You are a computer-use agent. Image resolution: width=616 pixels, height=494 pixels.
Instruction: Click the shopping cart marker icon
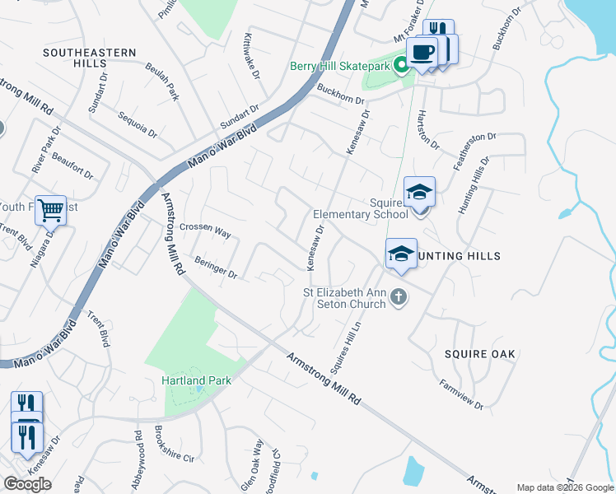[50, 211]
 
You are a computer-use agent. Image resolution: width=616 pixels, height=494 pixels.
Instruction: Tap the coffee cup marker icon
[422, 52]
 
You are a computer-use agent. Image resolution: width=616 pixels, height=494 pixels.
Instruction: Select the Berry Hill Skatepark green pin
[403, 65]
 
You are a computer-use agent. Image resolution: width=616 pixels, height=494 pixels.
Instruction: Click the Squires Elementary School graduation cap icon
[419, 193]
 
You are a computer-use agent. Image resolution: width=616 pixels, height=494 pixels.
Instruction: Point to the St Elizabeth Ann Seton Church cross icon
[399, 296]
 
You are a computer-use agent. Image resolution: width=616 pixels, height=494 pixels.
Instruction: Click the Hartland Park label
[196, 380]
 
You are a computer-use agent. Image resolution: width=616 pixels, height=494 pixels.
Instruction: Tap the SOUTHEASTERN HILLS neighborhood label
[90, 58]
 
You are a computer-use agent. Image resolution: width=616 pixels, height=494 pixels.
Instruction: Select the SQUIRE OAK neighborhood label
[479, 354]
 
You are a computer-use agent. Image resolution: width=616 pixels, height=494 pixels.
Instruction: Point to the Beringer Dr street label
[216, 268]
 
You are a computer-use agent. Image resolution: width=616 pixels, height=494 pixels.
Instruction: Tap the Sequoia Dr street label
[137, 125]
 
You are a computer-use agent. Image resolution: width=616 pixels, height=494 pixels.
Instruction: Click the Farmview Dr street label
[461, 394]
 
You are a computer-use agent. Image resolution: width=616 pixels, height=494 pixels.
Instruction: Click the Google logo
[27, 484]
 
